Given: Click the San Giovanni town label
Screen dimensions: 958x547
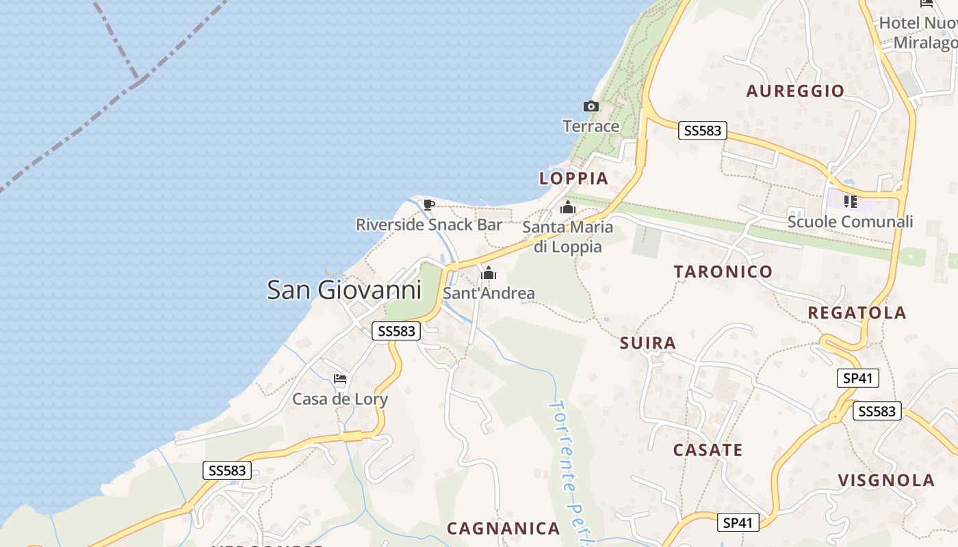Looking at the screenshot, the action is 344,289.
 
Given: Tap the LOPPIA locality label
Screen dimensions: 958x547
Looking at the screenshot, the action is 573,178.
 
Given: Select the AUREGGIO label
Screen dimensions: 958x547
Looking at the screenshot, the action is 795,91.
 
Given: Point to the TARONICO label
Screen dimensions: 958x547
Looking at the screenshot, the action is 723,271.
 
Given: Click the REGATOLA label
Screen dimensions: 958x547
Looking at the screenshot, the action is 857,312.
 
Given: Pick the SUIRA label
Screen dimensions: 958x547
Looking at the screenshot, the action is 648,343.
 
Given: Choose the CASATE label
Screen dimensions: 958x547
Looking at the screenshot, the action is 708,450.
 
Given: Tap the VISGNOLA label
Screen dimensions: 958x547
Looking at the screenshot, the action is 886,480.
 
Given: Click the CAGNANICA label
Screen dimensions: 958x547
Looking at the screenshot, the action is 504,528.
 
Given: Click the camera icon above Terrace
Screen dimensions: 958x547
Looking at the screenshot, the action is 591,106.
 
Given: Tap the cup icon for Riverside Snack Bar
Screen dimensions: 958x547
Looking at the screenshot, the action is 429,204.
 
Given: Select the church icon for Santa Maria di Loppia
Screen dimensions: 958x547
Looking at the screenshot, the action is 567,207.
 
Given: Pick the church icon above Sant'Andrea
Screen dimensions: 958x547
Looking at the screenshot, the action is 489,273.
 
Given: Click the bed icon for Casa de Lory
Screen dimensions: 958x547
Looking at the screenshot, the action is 340,379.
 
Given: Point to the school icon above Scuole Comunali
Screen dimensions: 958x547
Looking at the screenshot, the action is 851,201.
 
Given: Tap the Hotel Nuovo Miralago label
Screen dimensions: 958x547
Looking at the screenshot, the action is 920,32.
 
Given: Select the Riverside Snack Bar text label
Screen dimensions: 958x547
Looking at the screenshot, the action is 429,224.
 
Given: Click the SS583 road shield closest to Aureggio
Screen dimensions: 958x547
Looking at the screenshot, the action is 703,131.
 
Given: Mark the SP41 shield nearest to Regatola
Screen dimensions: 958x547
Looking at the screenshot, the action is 857,378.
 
